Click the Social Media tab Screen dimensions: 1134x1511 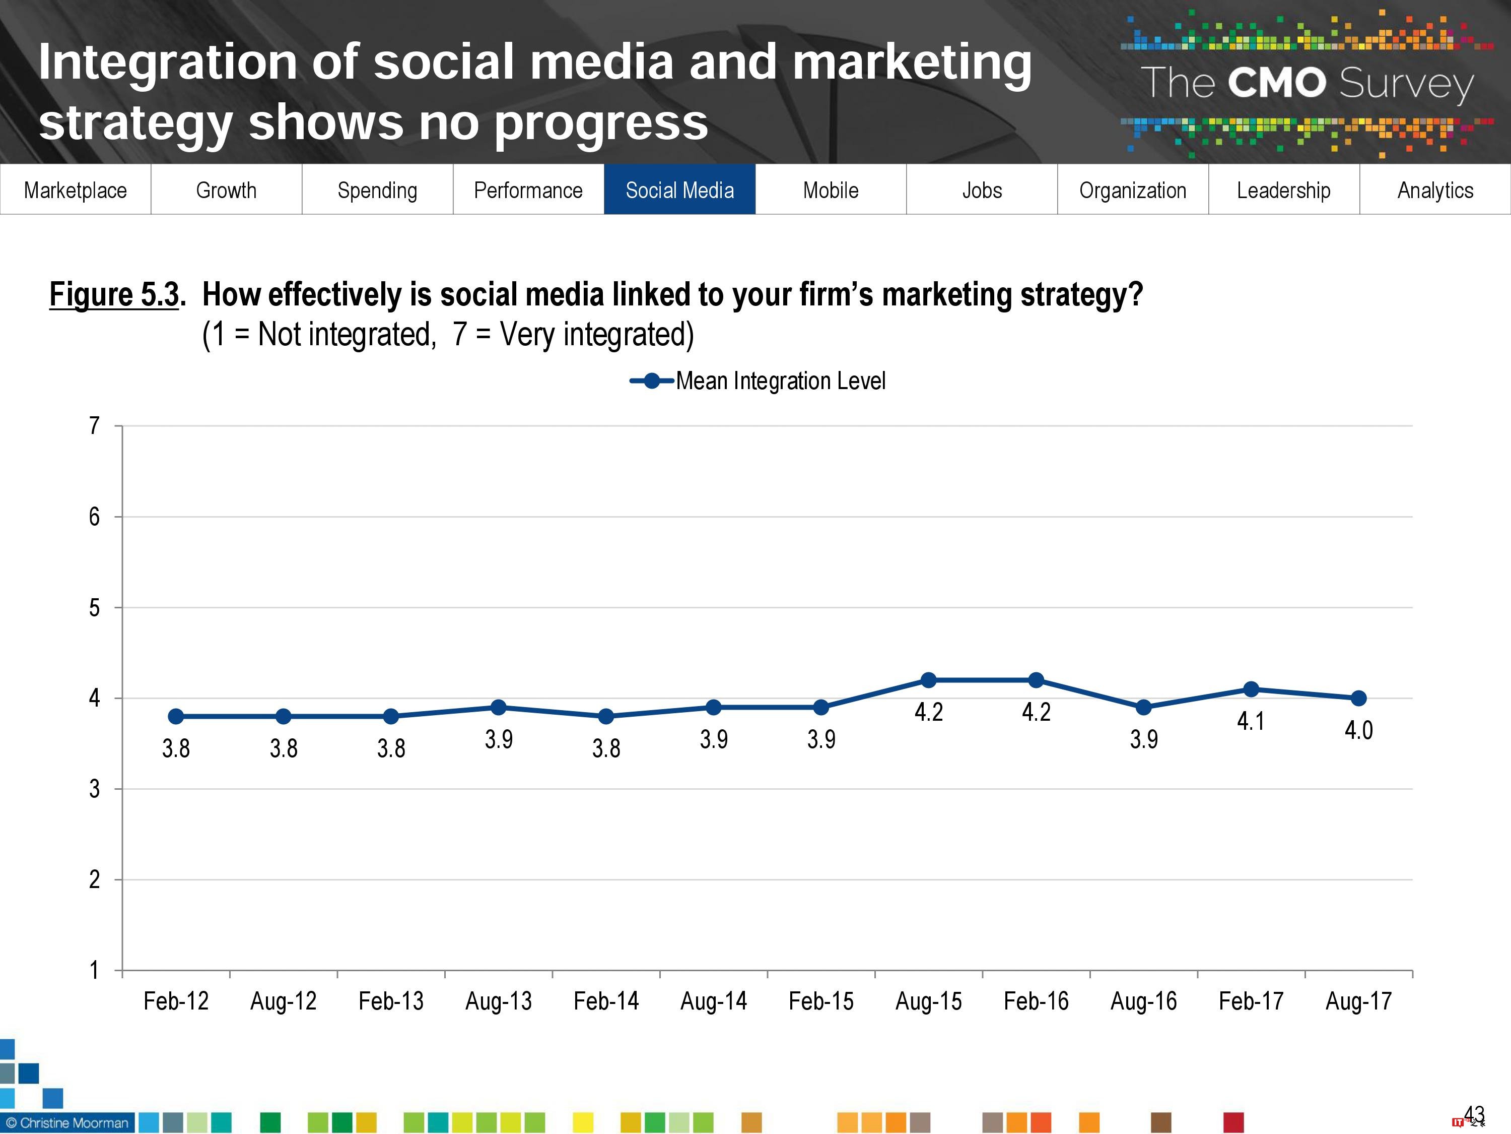(x=679, y=190)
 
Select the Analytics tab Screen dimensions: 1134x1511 (x=1435, y=190)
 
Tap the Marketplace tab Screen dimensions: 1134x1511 (x=75, y=190)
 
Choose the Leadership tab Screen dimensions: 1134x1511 (x=1283, y=190)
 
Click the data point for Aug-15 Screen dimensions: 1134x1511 (x=928, y=680)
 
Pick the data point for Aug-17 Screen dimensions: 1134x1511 (x=1359, y=698)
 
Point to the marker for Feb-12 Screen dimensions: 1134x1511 (x=176, y=716)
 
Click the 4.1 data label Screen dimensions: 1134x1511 (x=1251, y=721)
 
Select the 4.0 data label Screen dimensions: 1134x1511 (x=1359, y=730)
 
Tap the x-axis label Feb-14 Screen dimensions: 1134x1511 (x=606, y=1001)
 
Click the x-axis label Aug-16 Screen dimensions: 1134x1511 (x=1143, y=1001)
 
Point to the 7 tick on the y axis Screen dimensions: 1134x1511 (x=94, y=426)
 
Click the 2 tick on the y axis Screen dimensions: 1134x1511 (x=94, y=879)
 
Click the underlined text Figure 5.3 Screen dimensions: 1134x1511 (x=115, y=295)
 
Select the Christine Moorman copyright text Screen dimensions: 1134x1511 (x=67, y=1122)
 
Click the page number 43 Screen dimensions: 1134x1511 (x=1474, y=1114)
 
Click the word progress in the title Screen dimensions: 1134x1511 (x=601, y=123)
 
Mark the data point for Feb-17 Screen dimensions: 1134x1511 (x=1251, y=689)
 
